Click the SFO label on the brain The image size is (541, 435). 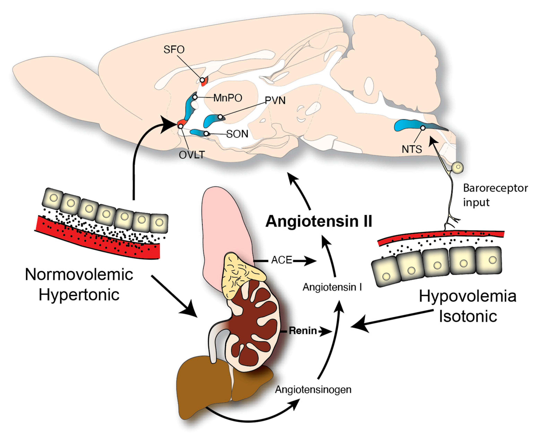pos(174,49)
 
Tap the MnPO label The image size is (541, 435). pos(228,98)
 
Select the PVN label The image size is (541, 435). pos(275,101)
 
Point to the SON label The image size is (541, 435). pos(237,134)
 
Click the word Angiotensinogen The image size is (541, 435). pos(313,390)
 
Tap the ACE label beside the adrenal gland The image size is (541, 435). pos(282,260)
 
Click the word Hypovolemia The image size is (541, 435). pos(467,296)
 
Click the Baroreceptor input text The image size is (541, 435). pos(495,195)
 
